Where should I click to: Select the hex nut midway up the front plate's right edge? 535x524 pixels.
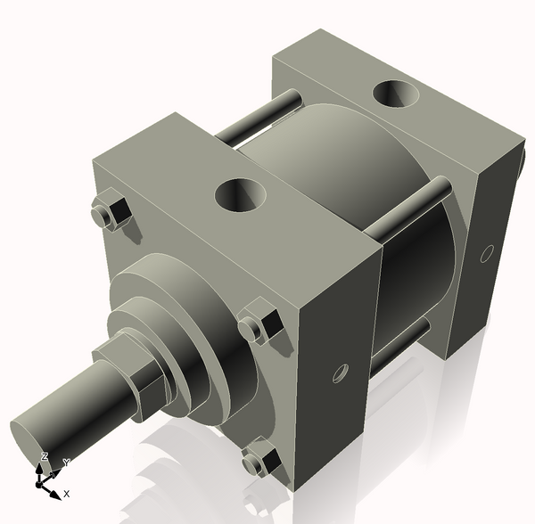[x=261, y=325]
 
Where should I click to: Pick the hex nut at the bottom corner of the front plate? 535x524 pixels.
[x=259, y=461]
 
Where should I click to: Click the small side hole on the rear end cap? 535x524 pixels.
[x=487, y=252]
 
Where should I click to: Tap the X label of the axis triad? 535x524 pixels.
[x=66, y=493]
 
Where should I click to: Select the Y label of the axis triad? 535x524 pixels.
[x=65, y=463]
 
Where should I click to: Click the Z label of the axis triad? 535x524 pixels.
[x=44, y=456]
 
